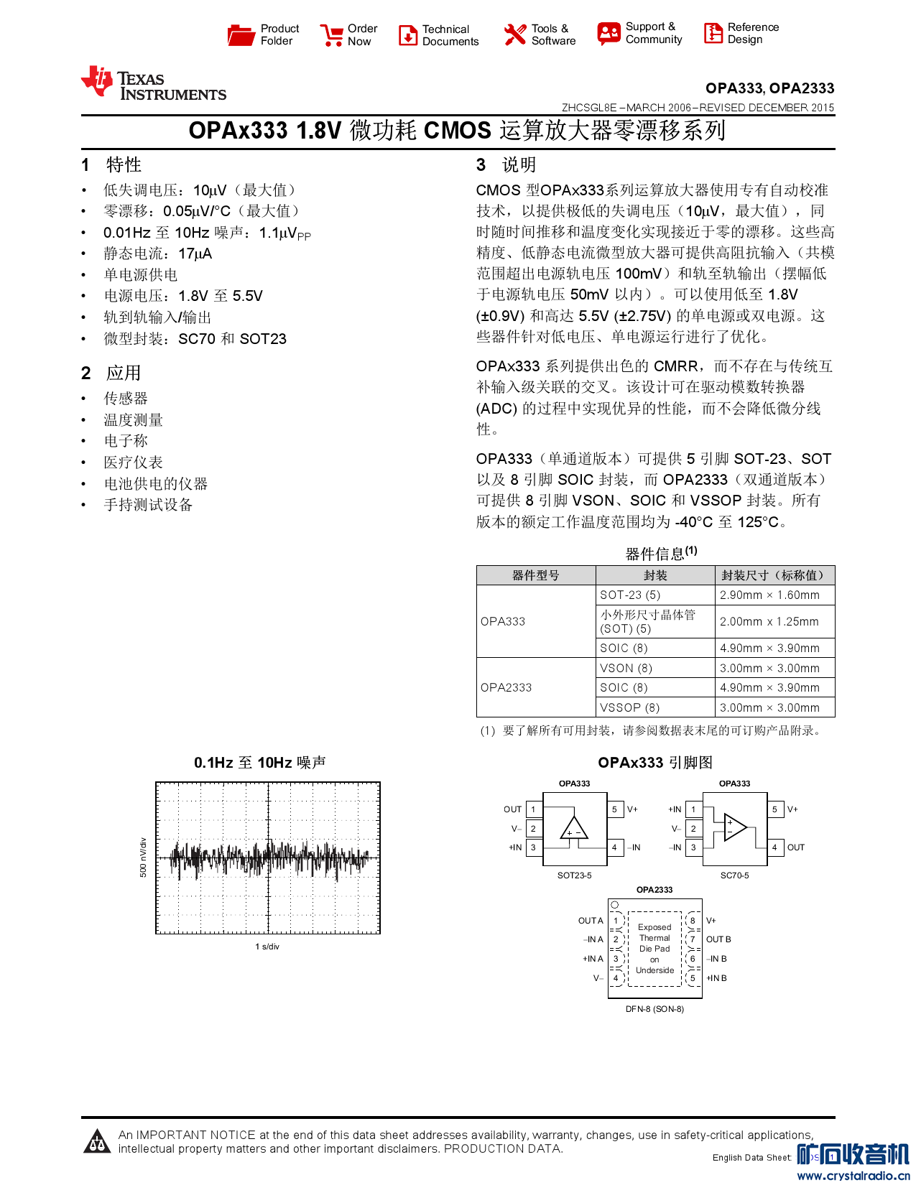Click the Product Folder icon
(x=241, y=34)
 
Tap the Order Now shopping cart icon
(x=332, y=35)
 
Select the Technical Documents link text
(x=450, y=35)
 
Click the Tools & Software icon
(x=515, y=34)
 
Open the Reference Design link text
(x=753, y=33)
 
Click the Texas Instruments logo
(x=154, y=84)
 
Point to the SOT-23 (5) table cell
(x=630, y=595)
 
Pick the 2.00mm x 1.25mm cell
(x=769, y=621)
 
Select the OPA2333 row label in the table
(x=506, y=687)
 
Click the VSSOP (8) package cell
(x=630, y=707)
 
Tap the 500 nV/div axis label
(x=143, y=857)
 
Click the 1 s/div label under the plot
(x=267, y=947)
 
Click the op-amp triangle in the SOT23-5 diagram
(x=574, y=828)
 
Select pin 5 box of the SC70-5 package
(x=774, y=809)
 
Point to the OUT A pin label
(x=591, y=921)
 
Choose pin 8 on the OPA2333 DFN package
(x=693, y=921)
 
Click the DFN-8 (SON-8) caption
(x=654, y=1009)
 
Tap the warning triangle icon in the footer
(x=97, y=1141)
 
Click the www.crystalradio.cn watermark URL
(x=853, y=1176)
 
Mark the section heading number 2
(x=86, y=373)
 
